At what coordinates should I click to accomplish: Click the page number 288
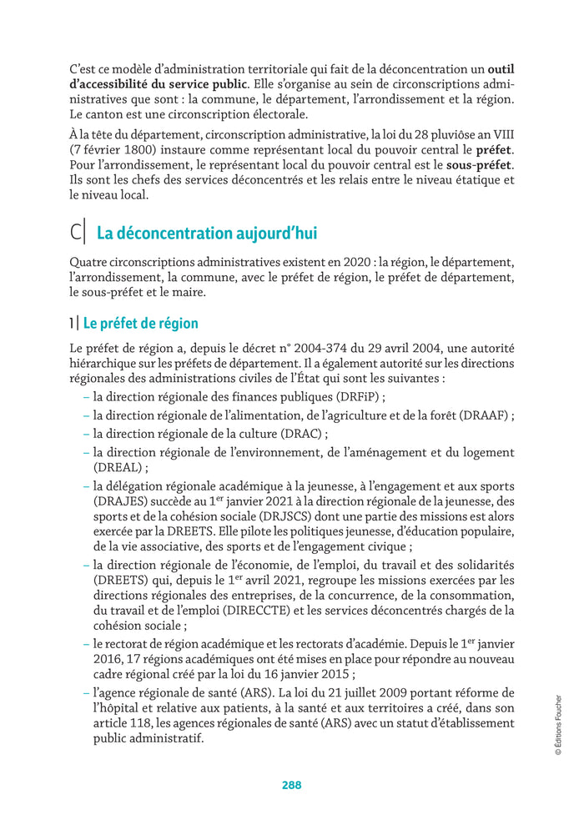tap(291, 785)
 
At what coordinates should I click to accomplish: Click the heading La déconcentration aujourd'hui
tap(207, 233)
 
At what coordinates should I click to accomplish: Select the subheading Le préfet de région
tap(140, 323)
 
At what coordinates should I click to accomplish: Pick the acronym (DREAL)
tap(116, 468)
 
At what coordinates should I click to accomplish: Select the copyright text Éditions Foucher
tap(558, 725)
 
